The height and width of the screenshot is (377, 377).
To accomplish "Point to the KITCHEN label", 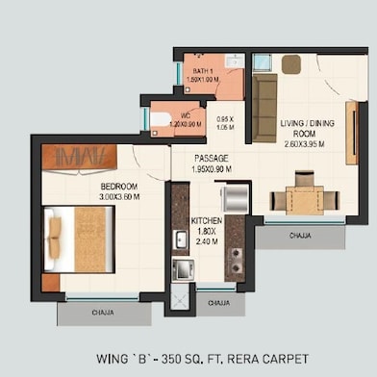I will click(207, 221).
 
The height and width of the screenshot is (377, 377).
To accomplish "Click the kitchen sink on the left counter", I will click(179, 238).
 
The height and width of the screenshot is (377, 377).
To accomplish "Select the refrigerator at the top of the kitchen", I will click(233, 198).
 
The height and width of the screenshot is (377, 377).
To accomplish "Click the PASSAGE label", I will click(211, 158).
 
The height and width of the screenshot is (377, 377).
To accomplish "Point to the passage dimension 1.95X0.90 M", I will click(211, 168).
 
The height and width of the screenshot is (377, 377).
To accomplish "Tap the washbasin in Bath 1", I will click(232, 61).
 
